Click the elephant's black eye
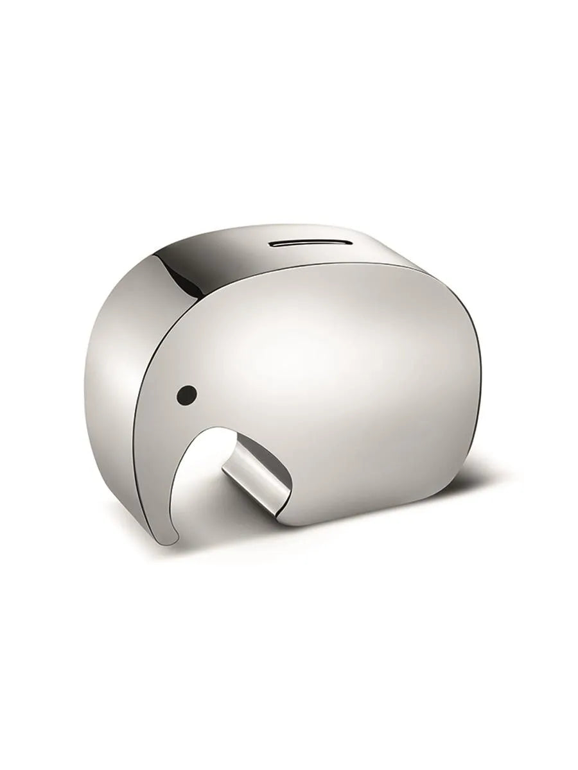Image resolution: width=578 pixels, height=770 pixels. point(186,392)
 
